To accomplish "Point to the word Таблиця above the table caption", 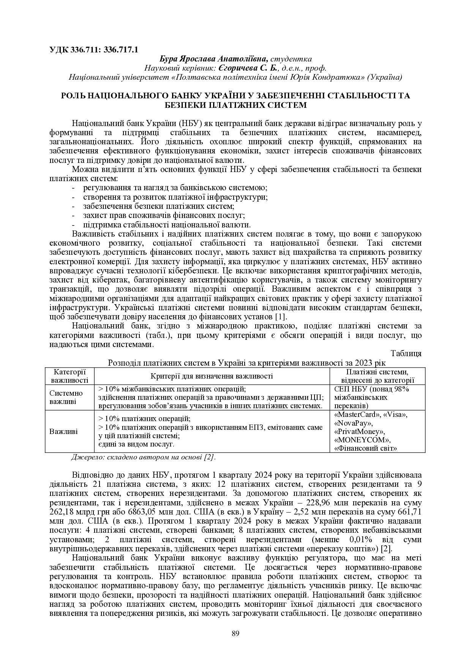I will [x=406, y=353].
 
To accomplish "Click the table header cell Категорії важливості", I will [x=70, y=376].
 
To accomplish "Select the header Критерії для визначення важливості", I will [x=212, y=376].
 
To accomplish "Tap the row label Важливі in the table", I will [x=64, y=431].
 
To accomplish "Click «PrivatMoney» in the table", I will [x=359, y=432].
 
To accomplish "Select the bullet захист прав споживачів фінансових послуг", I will [x=164, y=216].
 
